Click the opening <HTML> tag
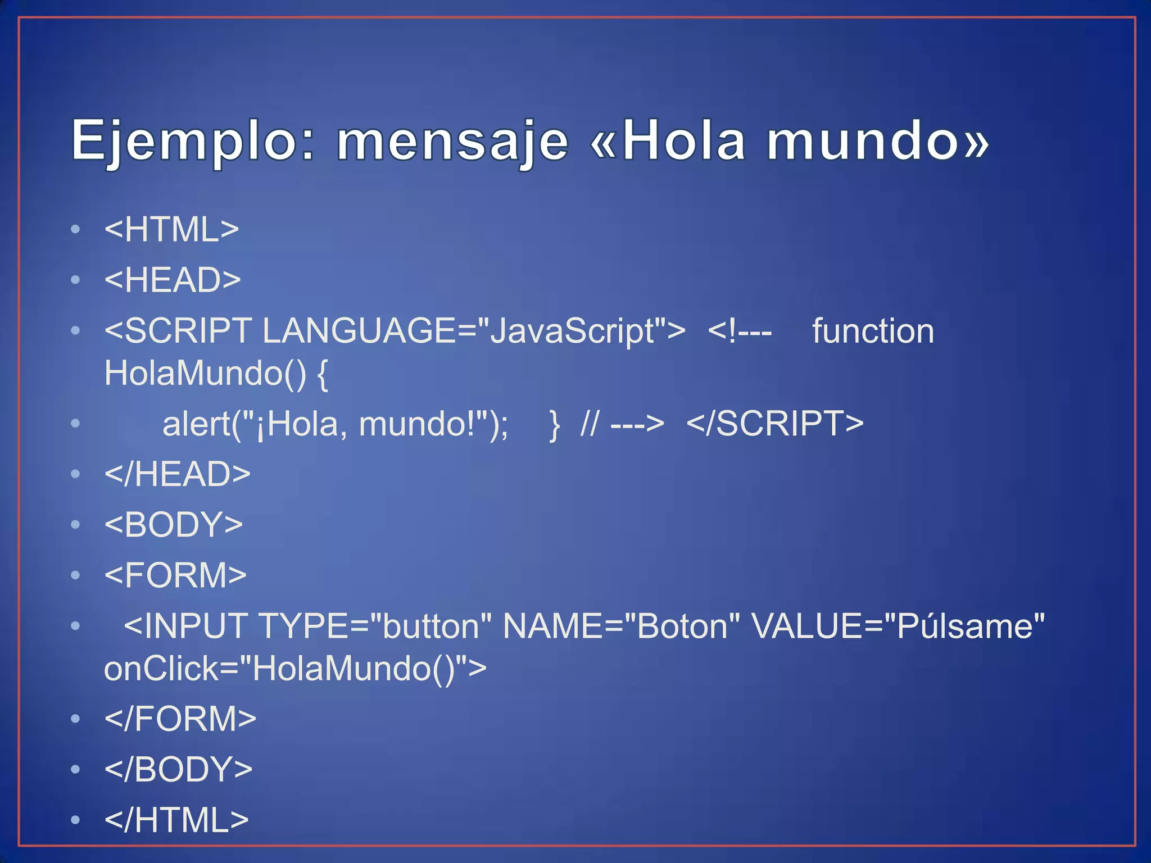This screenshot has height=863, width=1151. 171,229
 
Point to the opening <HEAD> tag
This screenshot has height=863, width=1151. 173,280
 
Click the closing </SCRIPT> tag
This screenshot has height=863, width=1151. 775,424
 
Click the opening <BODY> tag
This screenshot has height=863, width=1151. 173,524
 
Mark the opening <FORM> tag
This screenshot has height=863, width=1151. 175,575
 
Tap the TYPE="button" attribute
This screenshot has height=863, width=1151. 375,626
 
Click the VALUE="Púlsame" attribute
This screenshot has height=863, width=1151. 898,626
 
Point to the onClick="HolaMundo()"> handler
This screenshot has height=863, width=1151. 295,669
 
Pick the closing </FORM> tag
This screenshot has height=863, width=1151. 180,719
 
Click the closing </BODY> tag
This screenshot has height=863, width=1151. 178,769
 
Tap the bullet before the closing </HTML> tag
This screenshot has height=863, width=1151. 76,820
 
